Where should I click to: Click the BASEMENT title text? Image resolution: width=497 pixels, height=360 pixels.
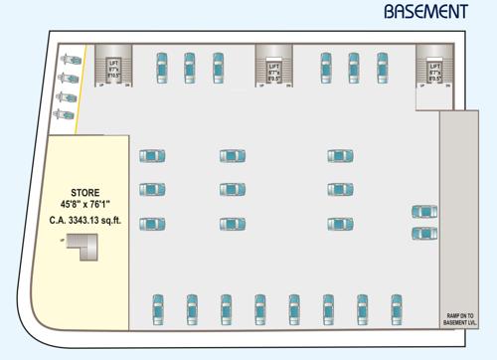click(426, 12)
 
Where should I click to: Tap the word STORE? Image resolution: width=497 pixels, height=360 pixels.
click(84, 192)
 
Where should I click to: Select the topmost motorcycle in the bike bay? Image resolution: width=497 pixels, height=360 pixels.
click(68, 58)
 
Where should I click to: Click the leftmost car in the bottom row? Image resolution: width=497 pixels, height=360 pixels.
click(157, 310)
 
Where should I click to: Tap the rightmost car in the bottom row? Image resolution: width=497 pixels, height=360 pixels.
click(396, 310)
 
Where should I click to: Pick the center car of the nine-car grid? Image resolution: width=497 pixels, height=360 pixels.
click(233, 189)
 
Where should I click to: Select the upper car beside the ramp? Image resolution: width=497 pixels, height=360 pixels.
click(424, 212)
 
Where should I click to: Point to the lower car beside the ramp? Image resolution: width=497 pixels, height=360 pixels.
click(424, 233)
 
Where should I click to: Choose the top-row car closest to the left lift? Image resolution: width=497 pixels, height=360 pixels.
click(161, 67)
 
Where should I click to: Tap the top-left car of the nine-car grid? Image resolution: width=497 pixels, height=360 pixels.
click(152, 156)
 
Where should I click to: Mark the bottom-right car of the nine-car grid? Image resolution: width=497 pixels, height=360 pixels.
click(340, 223)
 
